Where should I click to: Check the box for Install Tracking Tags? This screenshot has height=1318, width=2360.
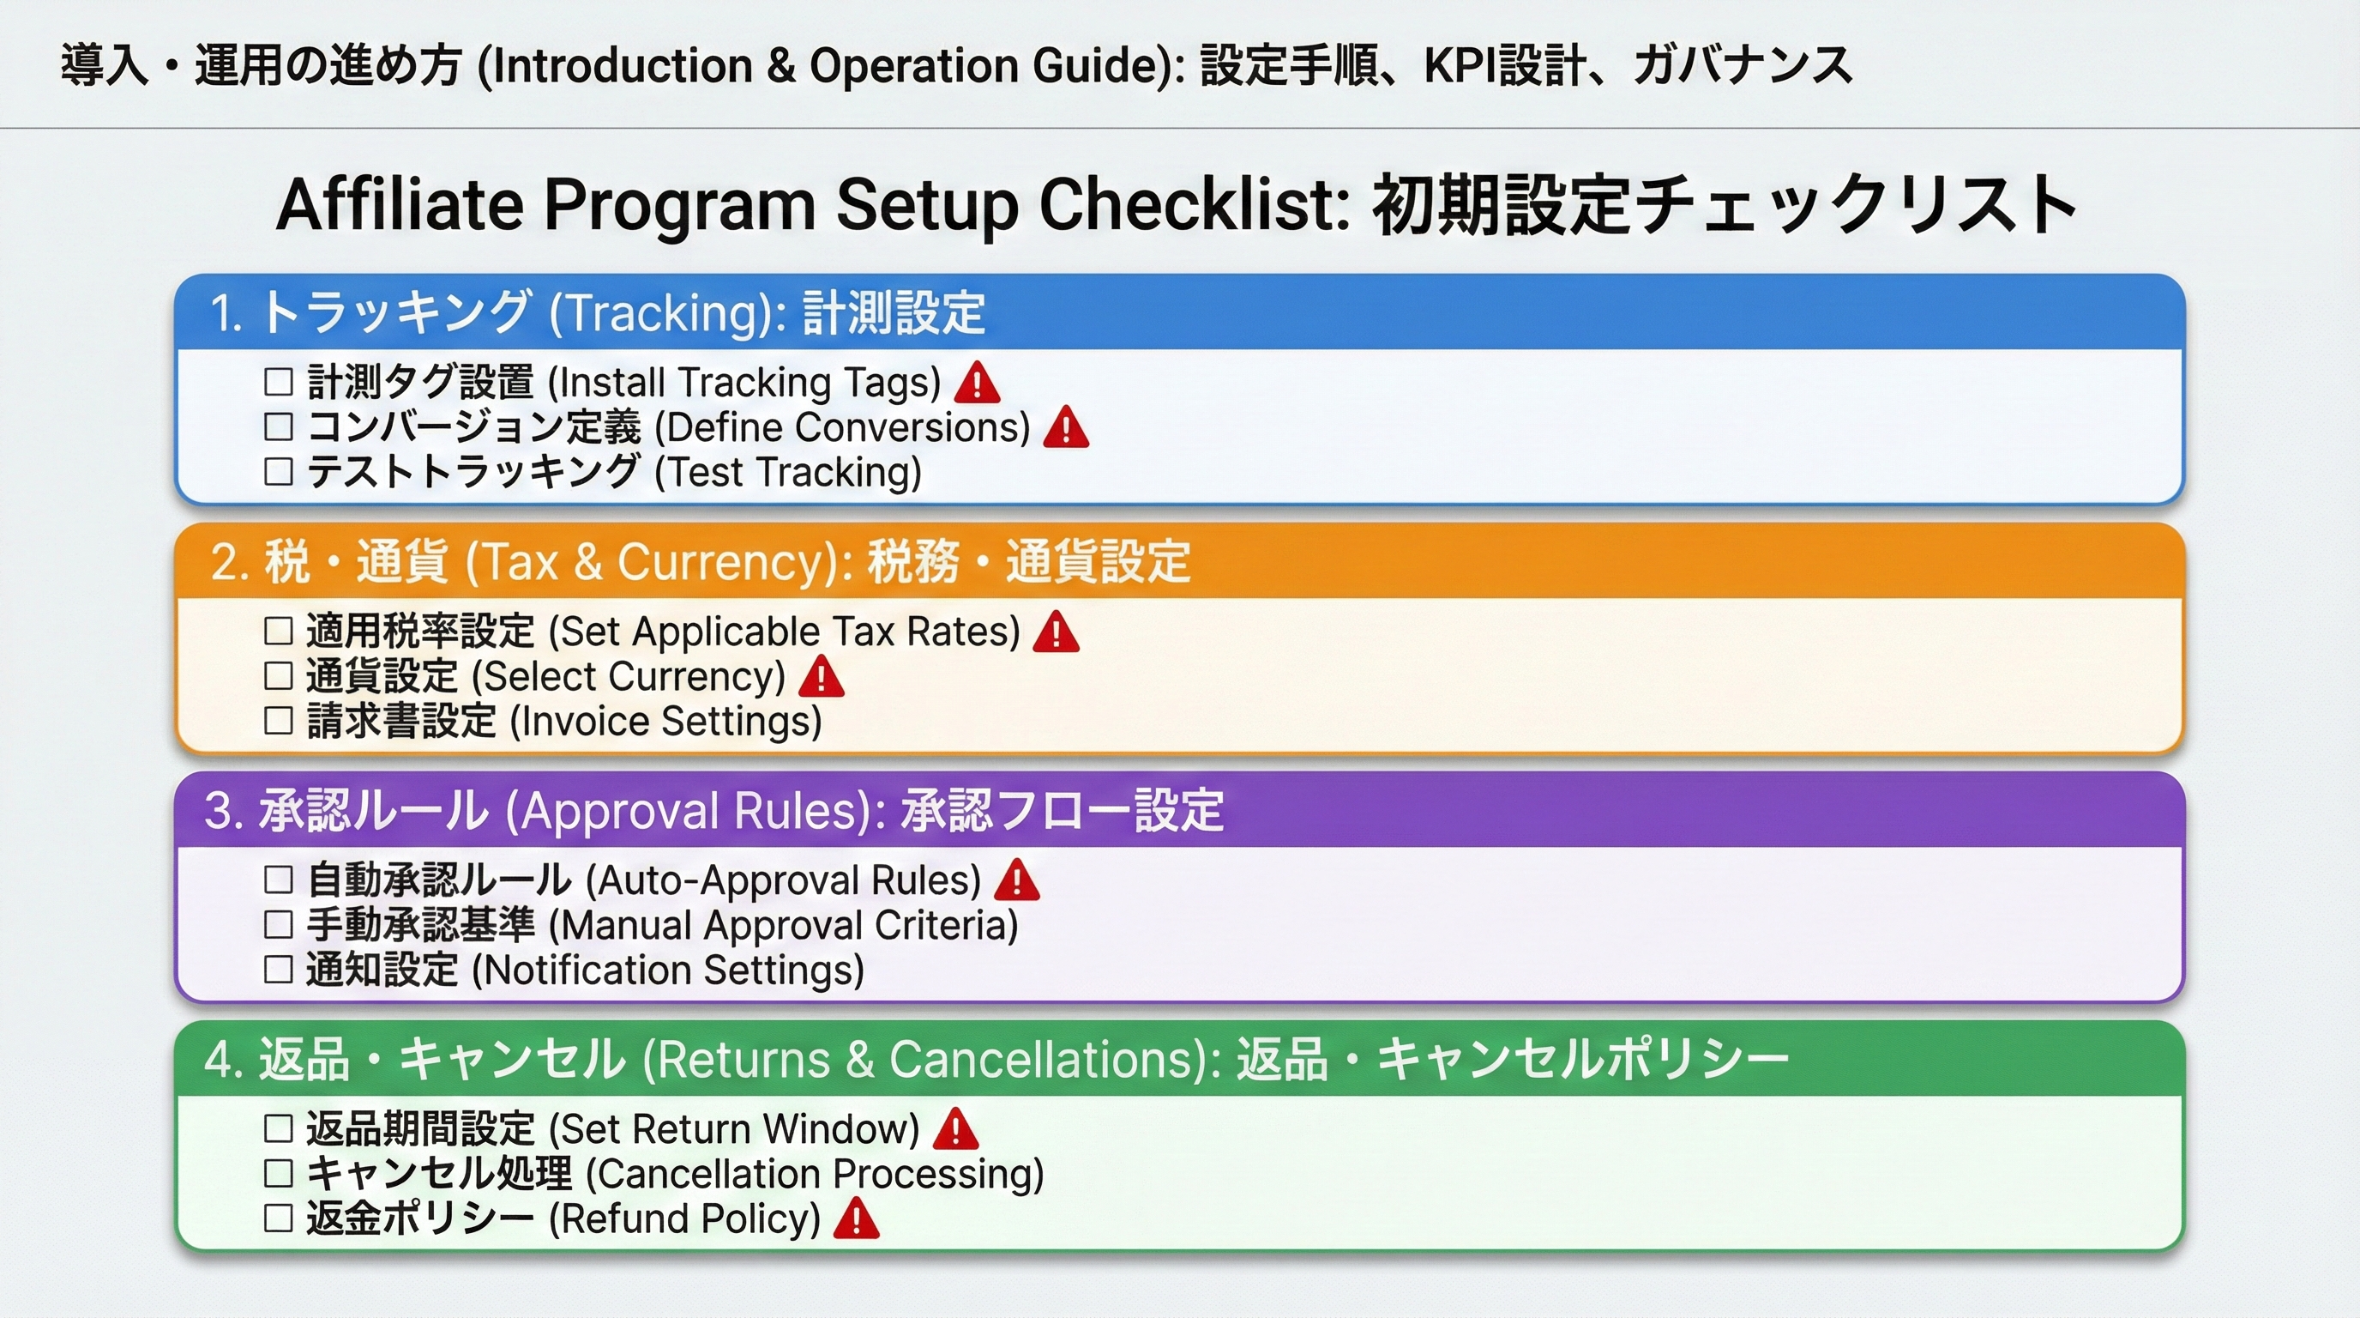(x=279, y=381)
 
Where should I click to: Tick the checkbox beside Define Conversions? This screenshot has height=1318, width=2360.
(x=279, y=426)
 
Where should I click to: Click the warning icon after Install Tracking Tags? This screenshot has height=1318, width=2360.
(x=977, y=381)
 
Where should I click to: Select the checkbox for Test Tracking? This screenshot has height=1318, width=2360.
(x=279, y=472)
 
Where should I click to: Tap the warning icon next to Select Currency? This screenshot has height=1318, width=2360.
(x=821, y=676)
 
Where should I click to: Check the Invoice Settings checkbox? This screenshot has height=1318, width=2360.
(x=279, y=721)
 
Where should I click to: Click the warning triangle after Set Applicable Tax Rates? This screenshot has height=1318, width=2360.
(x=1056, y=632)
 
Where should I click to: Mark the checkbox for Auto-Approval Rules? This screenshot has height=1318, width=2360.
(x=279, y=880)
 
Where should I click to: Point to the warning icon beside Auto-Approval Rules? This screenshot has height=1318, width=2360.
(x=1016, y=879)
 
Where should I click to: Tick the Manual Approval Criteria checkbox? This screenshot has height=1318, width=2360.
(x=279, y=925)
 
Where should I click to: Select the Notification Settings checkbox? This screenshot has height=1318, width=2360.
(x=279, y=970)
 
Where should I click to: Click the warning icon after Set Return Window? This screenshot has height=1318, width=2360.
(x=955, y=1128)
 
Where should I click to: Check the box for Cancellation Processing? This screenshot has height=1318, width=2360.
(x=279, y=1173)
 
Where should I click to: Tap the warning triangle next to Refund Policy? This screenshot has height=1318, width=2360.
(x=857, y=1218)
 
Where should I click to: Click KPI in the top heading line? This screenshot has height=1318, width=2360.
(x=1460, y=66)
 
